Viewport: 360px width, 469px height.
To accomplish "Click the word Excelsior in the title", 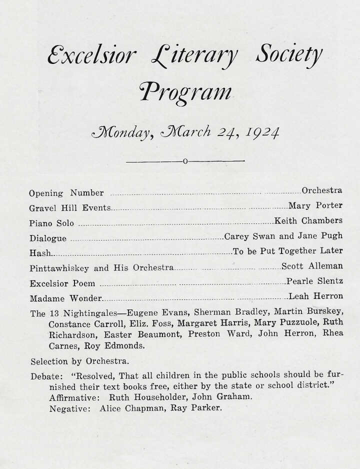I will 91,55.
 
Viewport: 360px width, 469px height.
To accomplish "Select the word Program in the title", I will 186,92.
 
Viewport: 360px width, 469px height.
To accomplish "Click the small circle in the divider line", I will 185,161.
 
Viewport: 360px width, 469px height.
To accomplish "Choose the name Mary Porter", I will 315,205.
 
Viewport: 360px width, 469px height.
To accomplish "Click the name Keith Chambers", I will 308,220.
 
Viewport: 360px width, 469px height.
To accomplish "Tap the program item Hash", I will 40,253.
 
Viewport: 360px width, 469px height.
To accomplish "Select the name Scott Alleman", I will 312,266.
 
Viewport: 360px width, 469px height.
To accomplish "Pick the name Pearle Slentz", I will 314,281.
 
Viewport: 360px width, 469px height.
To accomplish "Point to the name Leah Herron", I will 316,296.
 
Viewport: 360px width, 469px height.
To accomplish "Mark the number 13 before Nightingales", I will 54,314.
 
